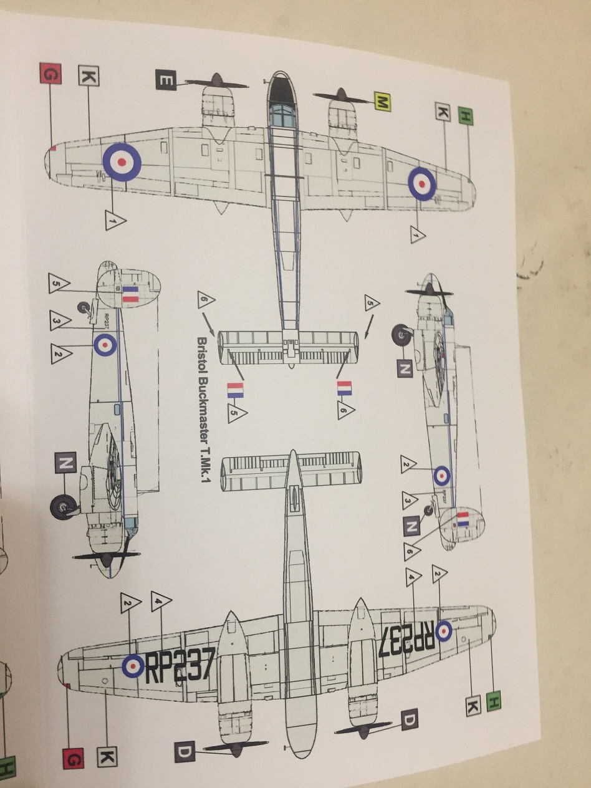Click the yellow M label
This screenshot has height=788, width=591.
click(x=382, y=102)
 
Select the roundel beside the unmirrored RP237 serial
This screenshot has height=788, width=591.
click(x=133, y=666)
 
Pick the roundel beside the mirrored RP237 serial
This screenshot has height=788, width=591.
click(x=444, y=631)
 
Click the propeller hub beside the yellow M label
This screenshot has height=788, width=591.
click(x=341, y=95)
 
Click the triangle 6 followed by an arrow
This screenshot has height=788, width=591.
click(x=206, y=302)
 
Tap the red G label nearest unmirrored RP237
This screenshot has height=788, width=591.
click(x=73, y=759)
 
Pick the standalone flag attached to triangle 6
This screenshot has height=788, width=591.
click(x=344, y=389)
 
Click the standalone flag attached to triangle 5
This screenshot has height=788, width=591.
click(x=235, y=391)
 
